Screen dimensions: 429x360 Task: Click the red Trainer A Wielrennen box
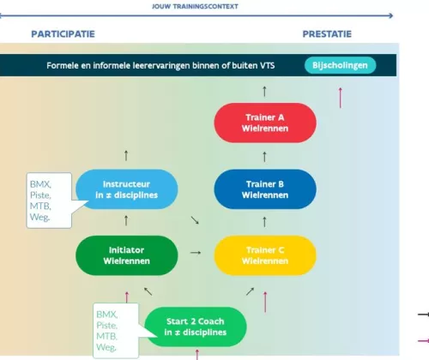[x=265, y=123]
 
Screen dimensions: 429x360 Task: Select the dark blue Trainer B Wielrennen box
[x=265, y=189]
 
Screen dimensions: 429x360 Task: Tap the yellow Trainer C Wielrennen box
[x=265, y=255]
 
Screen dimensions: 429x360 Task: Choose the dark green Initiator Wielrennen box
[x=127, y=255]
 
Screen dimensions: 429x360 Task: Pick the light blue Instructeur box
[x=127, y=189]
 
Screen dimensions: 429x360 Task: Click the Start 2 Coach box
[x=196, y=327]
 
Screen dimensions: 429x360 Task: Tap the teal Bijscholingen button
[x=340, y=65]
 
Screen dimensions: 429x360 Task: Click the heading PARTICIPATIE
[x=63, y=34]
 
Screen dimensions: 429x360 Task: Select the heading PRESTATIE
[x=327, y=34]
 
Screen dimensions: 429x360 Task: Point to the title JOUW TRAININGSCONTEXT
[x=195, y=6]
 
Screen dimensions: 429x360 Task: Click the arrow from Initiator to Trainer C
[x=196, y=253]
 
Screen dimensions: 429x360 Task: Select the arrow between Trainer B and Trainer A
[x=264, y=157]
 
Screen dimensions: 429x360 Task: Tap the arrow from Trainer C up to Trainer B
[x=264, y=222]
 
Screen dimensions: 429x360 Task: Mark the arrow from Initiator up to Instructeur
[x=126, y=220]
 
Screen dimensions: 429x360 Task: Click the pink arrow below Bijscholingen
[x=341, y=98]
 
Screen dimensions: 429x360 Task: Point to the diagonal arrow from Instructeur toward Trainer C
[x=195, y=220]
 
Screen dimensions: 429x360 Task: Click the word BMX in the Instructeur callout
[x=40, y=184]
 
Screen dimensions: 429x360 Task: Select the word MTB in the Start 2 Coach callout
[x=106, y=336]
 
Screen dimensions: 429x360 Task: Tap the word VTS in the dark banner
[x=267, y=65]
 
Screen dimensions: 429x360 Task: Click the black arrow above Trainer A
[x=264, y=92]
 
